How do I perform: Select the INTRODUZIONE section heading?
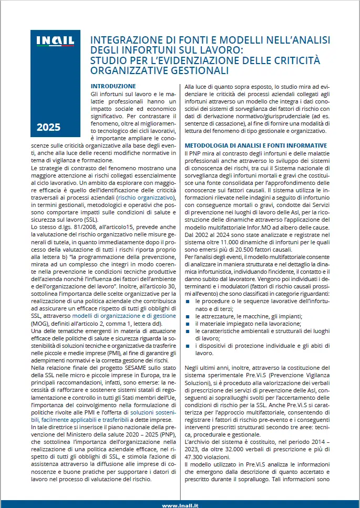tap(113, 86)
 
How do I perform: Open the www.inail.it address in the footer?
tap(180, 505)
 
